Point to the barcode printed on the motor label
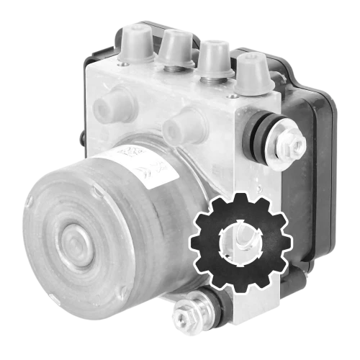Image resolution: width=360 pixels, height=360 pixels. [128, 153]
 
